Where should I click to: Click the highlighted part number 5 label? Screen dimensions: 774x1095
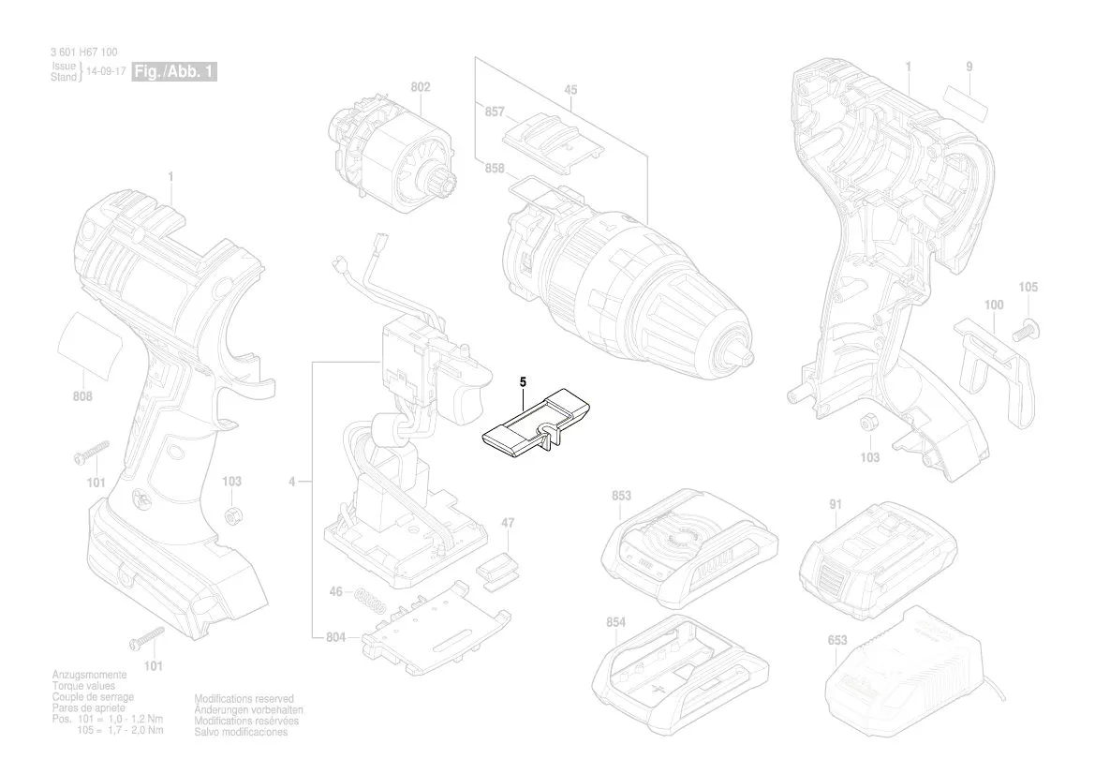point(524,381)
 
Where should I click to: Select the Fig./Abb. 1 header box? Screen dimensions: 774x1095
point(175,72)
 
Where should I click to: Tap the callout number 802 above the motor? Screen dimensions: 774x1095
point(420,87)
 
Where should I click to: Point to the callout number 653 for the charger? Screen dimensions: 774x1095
point(837,641)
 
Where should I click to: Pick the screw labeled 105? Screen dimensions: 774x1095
point(1027,328)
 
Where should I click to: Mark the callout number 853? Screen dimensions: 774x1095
point(620,496)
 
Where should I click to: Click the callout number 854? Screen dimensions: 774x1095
point(615,622)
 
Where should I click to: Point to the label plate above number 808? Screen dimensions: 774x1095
point(91,346)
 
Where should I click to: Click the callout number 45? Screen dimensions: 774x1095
point(570,90)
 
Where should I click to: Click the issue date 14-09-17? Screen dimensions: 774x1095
point(106,72)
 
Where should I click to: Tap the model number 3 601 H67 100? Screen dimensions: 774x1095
point(84,52)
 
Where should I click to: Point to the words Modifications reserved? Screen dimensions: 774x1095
point(244,699)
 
